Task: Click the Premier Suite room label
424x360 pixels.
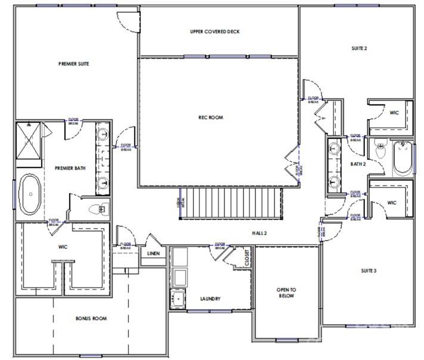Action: [x=73, y=63]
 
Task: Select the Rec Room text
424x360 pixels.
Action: [x=211, y=117]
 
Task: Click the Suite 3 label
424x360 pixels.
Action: [x=369, y=271]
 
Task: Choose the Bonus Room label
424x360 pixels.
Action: [x=91, y=318]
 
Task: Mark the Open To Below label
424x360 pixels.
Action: [x=285, y=292]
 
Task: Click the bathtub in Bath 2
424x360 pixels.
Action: [x=403, y=156]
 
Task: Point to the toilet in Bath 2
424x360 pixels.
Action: [x=378, y=151]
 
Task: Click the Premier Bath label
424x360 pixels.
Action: [x=70, y=168]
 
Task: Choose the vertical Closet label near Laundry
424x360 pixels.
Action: [x=247, y=257]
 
